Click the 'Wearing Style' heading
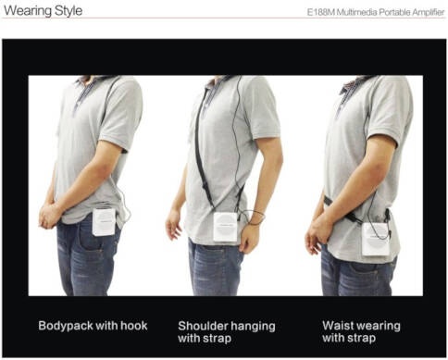(43, 10)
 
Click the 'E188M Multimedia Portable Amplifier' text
(376, 12)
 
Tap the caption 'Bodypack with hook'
(93, 326)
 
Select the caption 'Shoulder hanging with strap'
(227, 332)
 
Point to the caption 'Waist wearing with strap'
(361, 331)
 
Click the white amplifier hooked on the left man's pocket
(104, 222)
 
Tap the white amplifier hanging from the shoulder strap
(226, 227)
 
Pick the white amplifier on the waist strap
(376, 239)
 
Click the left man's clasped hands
(49, 215)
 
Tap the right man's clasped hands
(318, 234)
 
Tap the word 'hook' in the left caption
(134, 326)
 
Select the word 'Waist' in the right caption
(337, 326)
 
